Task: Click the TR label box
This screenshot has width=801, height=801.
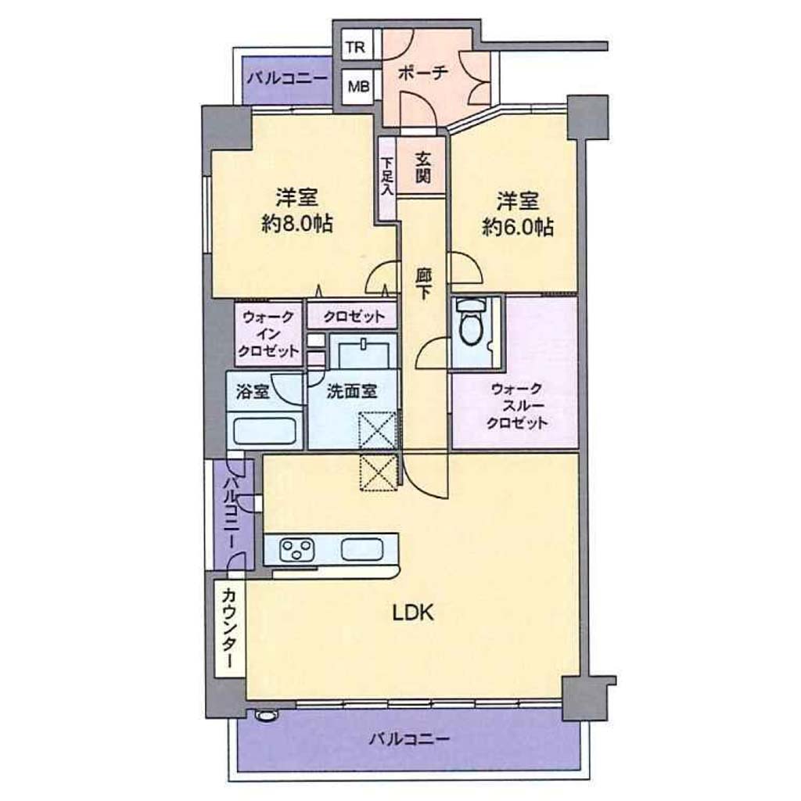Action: pos(356,48)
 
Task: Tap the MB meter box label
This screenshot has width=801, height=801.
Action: pos(358,86)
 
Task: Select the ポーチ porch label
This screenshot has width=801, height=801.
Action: pos(422,73)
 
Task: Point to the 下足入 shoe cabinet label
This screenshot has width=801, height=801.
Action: pos(386,176)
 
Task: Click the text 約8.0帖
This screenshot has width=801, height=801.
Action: pos(296,224)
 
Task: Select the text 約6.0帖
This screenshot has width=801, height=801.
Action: pos(518,227)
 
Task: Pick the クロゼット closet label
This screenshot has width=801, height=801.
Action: pos(353,317)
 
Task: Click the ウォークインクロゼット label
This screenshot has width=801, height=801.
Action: pos(268,334)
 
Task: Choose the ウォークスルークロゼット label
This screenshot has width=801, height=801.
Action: pos(516,406)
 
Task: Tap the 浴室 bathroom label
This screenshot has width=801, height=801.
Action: pos(253,392)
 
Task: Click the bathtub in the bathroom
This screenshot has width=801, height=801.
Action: pos(265,430)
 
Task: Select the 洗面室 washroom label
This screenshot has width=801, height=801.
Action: pos(351,391)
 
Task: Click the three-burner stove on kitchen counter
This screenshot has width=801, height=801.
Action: pos(296,550)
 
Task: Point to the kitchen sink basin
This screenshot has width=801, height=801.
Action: pos(361,549)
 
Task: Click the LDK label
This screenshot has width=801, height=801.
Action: pos(413,612)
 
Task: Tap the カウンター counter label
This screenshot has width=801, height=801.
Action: pos(230,628)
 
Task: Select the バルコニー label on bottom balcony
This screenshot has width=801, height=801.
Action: pos(410,738)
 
